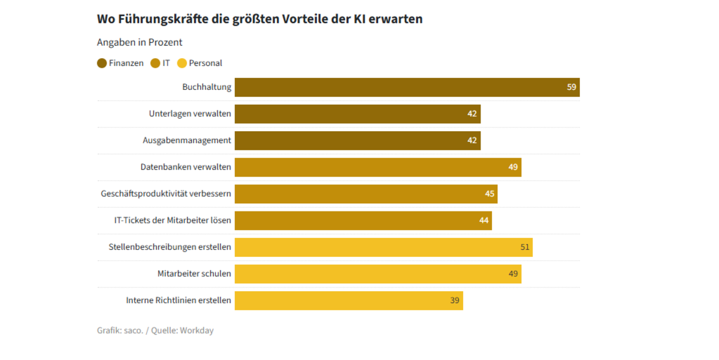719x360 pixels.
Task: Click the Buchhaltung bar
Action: coord(407,87)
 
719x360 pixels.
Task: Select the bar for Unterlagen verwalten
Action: coord(357,114)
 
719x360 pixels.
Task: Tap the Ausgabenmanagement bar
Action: coord(357,141)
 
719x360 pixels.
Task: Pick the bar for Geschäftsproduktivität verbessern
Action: coord(365,194)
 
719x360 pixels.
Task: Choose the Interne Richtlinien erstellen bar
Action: coord(349,301)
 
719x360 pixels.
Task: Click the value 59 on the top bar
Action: coord(572,87)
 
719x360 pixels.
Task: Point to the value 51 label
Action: coord(525,247)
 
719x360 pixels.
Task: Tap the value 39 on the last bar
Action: coord(455,301)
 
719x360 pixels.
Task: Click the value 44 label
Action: coord(484,220)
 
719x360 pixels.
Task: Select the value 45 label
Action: coord(490,194)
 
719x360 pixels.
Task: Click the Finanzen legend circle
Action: coord(102,63)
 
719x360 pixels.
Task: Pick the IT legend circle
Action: coord(155,63)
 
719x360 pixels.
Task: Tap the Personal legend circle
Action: coord(182,63)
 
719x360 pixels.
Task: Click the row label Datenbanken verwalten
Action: coord(186,167)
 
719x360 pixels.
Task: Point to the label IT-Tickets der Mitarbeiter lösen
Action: coord(173,220)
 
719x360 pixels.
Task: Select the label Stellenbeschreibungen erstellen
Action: coord(170,247)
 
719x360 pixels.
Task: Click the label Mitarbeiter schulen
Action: coord(194,274)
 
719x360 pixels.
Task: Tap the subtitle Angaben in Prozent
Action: coord(140,43)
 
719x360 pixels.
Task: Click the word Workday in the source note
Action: coord(197,331)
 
